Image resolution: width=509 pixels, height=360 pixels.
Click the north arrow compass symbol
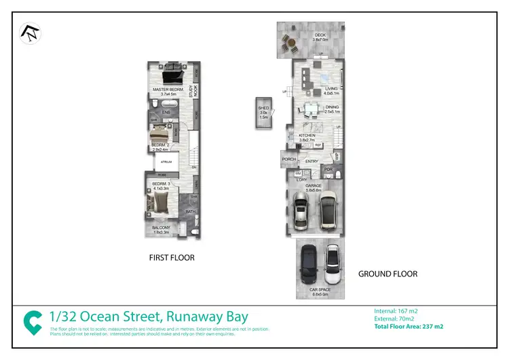click(x=30, y=33)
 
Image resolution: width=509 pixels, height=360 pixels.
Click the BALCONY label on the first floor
click(x=162, y=228)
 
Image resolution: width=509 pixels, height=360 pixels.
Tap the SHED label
click(x=263, y=107)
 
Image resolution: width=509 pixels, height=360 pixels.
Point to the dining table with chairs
click(x=312, y=107)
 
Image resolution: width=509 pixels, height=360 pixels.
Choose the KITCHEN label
click(x=307, y=136)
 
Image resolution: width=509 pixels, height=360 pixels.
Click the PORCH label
click(x=288, y=161)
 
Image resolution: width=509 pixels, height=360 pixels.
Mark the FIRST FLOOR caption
click(x=172, y=257)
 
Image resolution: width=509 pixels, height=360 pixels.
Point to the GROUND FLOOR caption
click(x=388, y=274)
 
